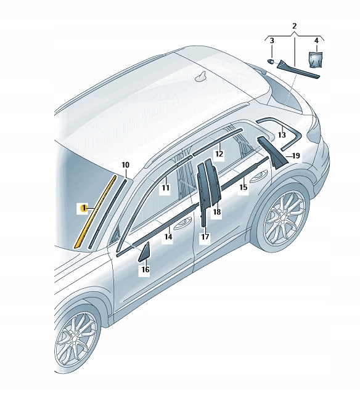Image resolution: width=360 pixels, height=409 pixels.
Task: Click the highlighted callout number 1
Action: (x=82, y=208)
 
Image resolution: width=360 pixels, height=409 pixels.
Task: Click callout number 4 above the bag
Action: (x=316, y=41)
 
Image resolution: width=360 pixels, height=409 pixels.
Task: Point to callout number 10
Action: (x=125, y=165)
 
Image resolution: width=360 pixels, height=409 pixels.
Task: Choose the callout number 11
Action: (x=165, y=187)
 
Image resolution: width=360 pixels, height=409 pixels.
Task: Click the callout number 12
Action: (x=218, y=154)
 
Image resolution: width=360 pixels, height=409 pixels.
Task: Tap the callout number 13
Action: (x=281, y=135)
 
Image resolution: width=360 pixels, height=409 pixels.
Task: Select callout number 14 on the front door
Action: (x=168, y=236)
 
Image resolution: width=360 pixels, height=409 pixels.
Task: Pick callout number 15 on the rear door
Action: (x=243, y=187)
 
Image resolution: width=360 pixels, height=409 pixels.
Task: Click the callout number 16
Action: (x=145, y=269)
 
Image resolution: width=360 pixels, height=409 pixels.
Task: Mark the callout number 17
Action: (x=205, y=236)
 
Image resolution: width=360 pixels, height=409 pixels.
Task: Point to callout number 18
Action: (x=216, y=212)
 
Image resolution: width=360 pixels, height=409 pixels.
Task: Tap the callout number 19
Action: (x=295, y=156)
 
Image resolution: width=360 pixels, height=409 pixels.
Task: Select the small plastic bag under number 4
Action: (x=316, y=59)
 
